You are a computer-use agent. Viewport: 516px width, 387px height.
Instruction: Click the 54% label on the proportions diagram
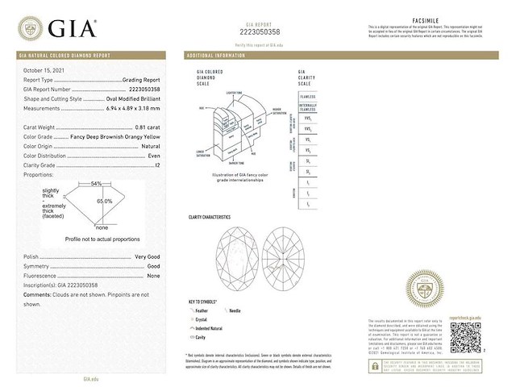click(96, 185)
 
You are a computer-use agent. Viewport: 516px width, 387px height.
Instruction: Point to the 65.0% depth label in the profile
click(104, 201)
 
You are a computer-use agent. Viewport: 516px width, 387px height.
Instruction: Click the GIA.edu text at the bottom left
click(91, 377)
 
